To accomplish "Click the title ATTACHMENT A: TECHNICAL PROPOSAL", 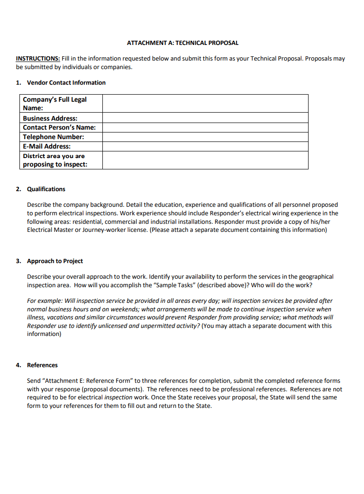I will coord(182,43).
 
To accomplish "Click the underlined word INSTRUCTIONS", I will coord(38,59).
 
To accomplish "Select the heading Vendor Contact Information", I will coord(66,83).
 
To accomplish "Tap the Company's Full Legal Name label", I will coord(55,104).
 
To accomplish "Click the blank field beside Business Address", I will coord(205,118).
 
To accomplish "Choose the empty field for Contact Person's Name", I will coord(205,127).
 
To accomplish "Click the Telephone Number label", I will coord(53,137).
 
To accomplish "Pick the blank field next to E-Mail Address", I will coord(205,146).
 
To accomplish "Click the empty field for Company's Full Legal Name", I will coord(205,104).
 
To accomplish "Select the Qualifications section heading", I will coord(46,189).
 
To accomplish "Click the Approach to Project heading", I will coord(55,261).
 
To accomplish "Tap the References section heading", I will coord(42,365).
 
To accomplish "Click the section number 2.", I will coord(18,189).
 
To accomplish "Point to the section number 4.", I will coord(18,365).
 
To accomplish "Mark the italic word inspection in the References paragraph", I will coord(118,397).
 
